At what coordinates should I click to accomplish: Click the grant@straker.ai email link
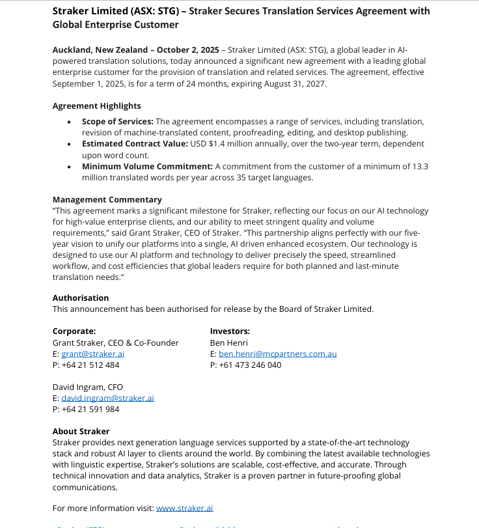click(x=92, y=354)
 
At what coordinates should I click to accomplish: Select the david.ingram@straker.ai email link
click(x=107, y=398)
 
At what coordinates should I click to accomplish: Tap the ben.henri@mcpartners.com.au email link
click(x=277, y=354)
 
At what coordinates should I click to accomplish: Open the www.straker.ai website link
click(x=185, y=508)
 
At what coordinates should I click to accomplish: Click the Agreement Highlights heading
click(x=96, y=105)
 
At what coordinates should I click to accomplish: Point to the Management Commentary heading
click(x=107, y=199)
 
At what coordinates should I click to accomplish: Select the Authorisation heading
click(x=81, y=298)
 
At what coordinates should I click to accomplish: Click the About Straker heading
click(x=81, y=431)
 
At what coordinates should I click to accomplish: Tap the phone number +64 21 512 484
click(x=90, y=365)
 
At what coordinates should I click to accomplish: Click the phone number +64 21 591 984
click(x=90, y=409)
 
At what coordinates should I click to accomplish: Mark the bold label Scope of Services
click(x=117, y=122)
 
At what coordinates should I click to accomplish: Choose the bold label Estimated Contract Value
click(x=135, y=143)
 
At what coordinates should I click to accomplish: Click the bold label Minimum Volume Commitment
click(x=147, y=166)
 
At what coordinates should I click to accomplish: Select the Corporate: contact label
click(x=74, y=331)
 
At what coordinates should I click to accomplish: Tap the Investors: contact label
click(x=230, y=331)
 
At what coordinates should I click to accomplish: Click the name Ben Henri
click(x=228, y=342)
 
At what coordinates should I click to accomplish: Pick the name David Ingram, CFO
click(x=87, y=387)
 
